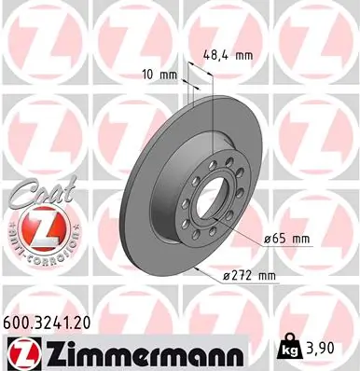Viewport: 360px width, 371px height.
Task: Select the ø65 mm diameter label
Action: coord(286,239)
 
